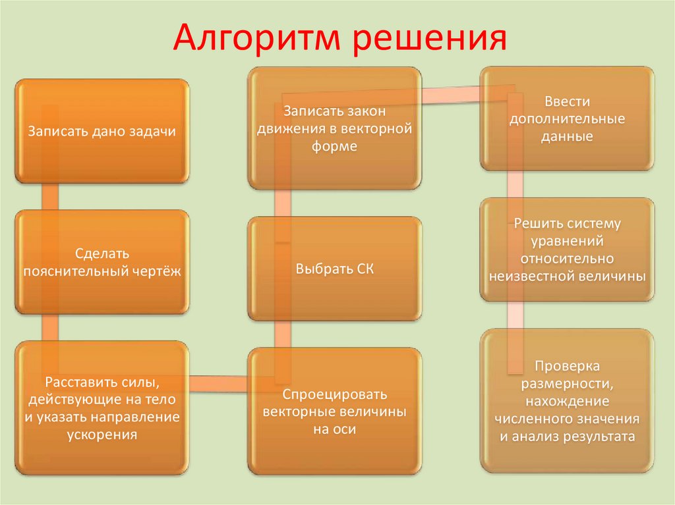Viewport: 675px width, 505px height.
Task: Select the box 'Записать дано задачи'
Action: pos(102,131)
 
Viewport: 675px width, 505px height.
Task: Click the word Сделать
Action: pos(102,253)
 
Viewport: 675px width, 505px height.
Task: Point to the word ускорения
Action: pos(102,434)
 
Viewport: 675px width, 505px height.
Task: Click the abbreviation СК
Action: pos(363,269)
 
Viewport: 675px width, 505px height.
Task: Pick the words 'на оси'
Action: pos(334,429)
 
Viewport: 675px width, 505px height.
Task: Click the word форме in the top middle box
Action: pos(334,146)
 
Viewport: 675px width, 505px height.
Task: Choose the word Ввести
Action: pos(567,102)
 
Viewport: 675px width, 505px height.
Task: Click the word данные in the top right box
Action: pos(567,137)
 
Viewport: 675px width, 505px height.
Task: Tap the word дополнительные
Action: pos(567,120)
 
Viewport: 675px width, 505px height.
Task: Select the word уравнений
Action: pos(567,242)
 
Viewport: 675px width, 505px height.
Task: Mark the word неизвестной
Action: pos(529,276)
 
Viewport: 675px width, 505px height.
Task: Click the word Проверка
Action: pos(567,365)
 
